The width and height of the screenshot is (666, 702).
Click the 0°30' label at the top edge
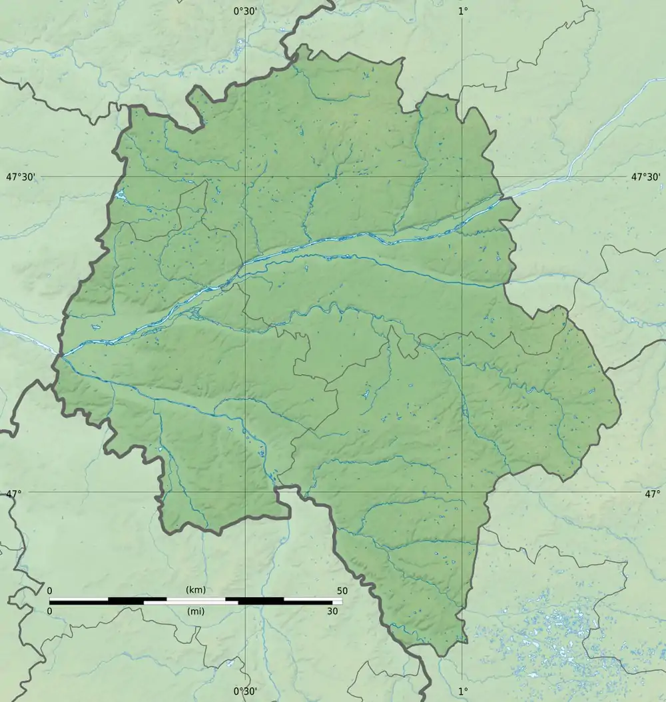click(245, 11)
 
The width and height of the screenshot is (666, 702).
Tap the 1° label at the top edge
click(462, 11)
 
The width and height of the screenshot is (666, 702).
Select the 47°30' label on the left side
click(21, 177)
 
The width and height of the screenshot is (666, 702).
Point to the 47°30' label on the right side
click(645, 177)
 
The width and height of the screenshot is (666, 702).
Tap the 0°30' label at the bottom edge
click(245, 691)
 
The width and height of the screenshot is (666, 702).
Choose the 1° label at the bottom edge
click(462, 691)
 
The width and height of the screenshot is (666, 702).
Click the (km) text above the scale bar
click(196, 590)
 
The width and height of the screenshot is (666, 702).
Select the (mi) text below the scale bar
click(196, 611)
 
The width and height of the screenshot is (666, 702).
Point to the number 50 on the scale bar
click(342, 591)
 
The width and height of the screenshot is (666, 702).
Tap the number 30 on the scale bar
click(332, 611)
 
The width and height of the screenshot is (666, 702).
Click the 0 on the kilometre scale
click(49, 591)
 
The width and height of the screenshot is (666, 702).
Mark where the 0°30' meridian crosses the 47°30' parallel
click(246, 177)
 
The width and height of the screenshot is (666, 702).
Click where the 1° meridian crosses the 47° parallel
click(462, 493)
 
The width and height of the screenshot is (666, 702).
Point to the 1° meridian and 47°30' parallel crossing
click(462, 177)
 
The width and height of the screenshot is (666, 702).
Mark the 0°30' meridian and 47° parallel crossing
click(246, 493)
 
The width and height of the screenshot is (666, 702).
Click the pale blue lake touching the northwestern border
click(120, 195)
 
